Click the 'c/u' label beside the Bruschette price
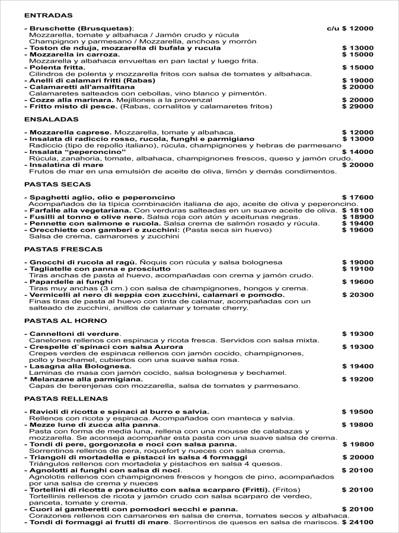click(x=333, y=28)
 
